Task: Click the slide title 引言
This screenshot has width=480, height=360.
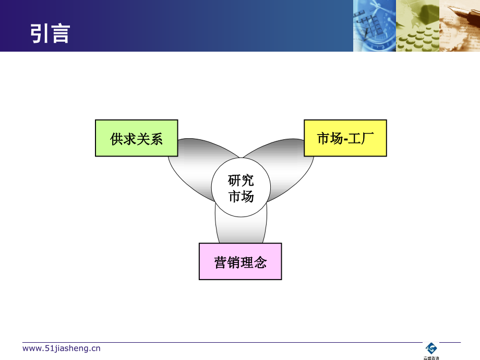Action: point(50,33)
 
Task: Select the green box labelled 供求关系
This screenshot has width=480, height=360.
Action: point(136,138)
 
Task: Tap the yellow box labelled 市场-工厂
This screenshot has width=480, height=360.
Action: point(345,138)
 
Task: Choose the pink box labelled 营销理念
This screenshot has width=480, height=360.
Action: point(240,261)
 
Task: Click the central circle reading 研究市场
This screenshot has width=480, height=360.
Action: point(241,188)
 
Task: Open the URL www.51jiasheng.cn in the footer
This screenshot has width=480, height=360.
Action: point(62,349)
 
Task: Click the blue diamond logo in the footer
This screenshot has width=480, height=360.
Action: point(431,348)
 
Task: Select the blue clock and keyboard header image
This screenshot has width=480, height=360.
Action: point(374,26)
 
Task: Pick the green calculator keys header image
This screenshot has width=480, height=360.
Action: point(417,26)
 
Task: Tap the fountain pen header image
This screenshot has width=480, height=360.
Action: point(459,26)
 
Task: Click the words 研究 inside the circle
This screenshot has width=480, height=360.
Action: point(241,181)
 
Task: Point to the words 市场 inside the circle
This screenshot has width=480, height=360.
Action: point(241,197)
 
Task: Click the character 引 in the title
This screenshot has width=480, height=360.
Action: point(40,33)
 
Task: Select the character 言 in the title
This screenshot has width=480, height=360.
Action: point(61,33)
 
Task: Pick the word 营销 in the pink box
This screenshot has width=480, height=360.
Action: point(227,262)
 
